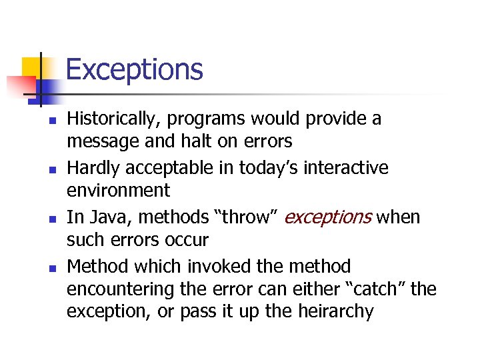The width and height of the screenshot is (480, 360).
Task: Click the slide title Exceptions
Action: (134, 69)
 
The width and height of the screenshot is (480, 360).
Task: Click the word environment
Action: (118, 190)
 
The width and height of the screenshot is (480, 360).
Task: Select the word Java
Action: (105, 217)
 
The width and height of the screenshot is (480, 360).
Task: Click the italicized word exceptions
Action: (328, 217)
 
